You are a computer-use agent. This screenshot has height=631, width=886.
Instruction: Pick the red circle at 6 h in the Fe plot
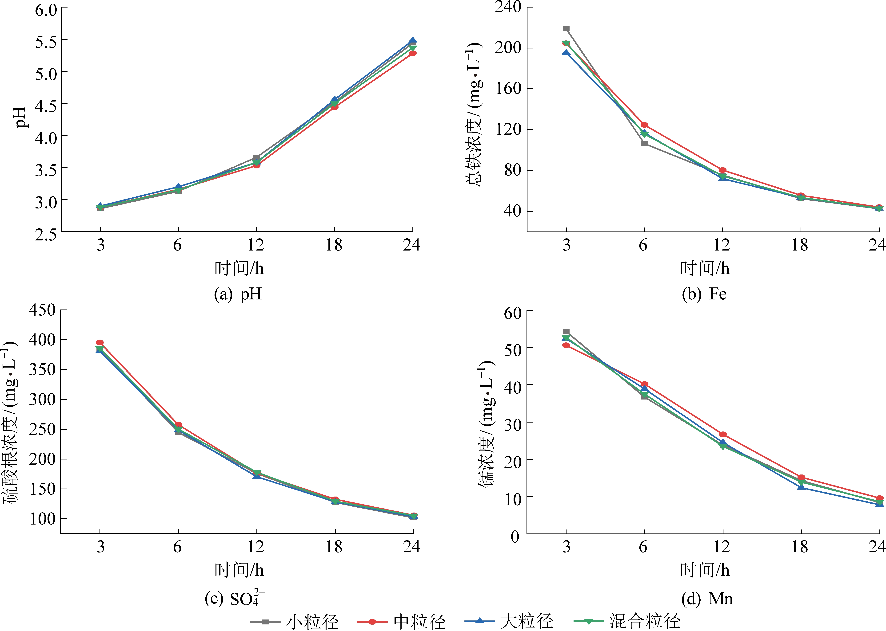point(644,125)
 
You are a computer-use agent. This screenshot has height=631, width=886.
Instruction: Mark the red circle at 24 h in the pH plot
point(413,53)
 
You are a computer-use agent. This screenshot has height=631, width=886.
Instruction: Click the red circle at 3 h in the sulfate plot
point(100,342)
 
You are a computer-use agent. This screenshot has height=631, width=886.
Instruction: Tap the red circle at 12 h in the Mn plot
point(723,434)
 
